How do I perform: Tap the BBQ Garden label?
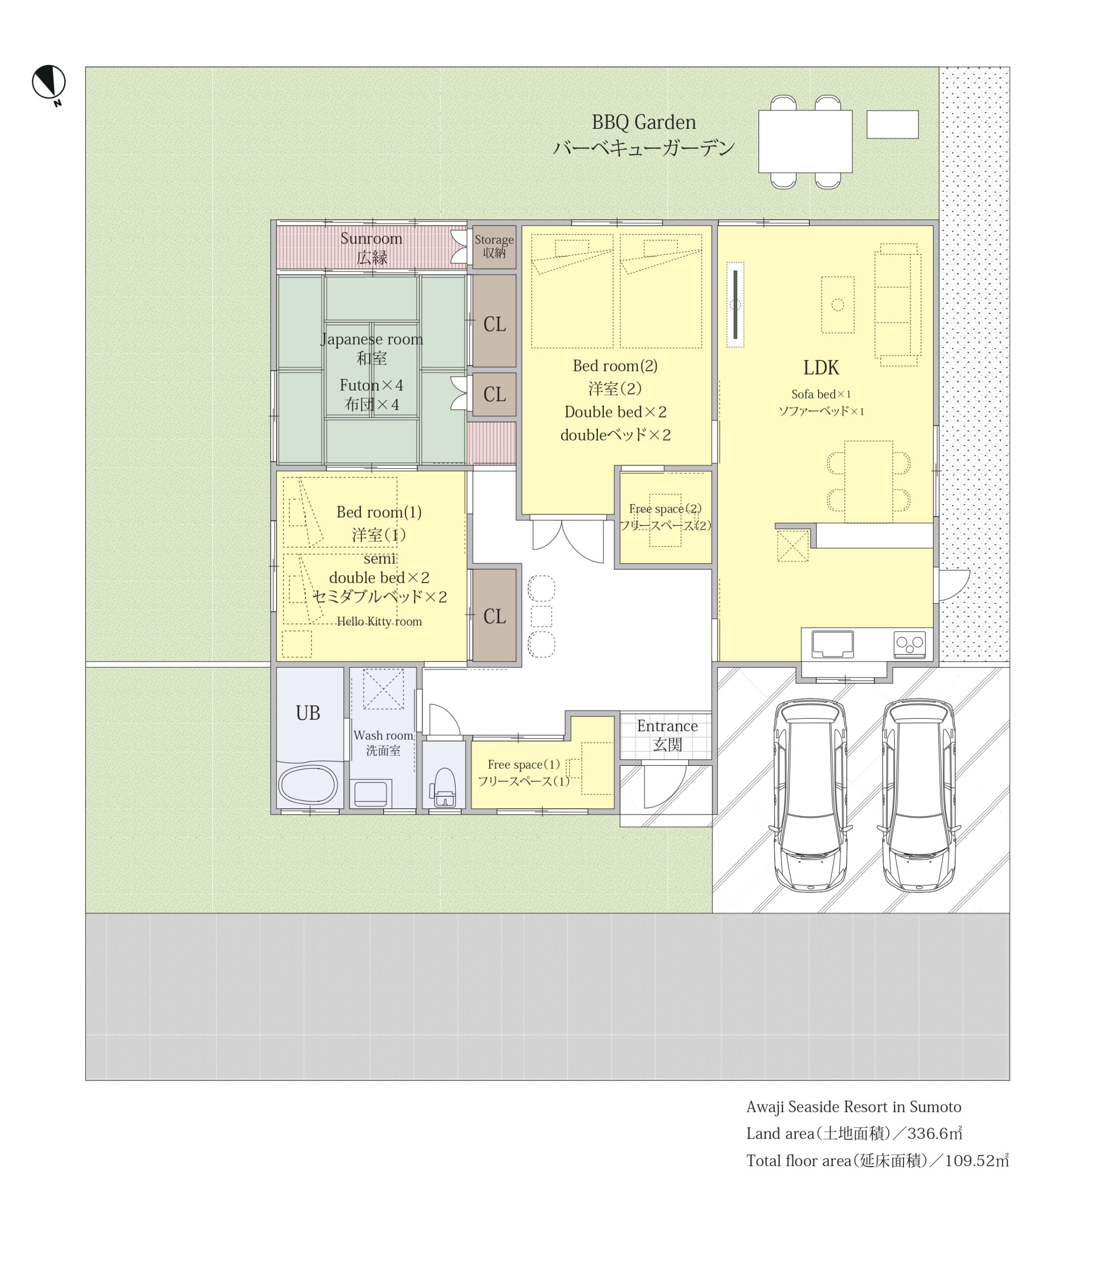[644, 122]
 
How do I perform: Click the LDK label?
[821, 368]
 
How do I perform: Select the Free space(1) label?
[524, 765]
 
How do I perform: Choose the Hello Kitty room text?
[379, 622]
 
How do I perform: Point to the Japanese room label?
[372, 340]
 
